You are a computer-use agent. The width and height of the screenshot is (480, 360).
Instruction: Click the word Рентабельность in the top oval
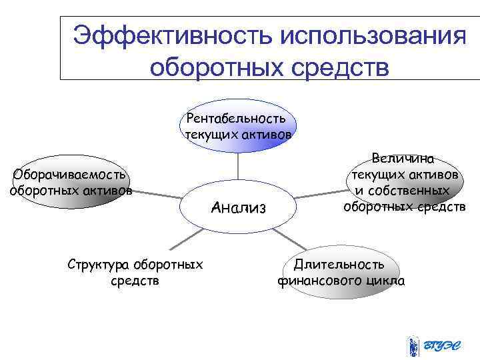click(x=237, y=119)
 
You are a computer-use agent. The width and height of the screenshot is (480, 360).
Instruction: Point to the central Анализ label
click(x=238, y=208)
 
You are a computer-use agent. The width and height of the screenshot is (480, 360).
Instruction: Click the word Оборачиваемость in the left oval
click(x=70, y=175)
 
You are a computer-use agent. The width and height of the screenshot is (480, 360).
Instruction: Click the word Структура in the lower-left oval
click(x=99, y=265)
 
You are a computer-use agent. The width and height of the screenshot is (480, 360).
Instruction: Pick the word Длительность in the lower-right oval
click(x=340, y=265)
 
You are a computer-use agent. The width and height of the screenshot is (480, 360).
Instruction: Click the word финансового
click(x=320, y=281)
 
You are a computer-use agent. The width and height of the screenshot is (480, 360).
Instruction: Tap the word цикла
click(x=385, y=281)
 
